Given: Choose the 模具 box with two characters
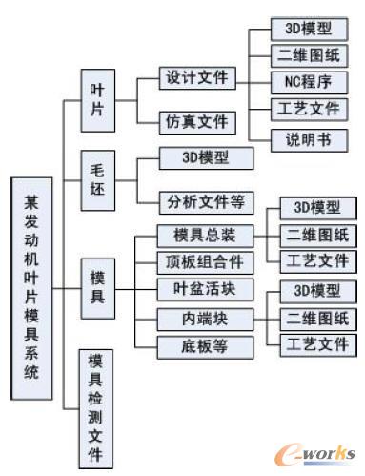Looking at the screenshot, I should click(97, 282).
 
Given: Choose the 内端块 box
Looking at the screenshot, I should click(205, 316).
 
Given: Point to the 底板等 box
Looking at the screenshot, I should click(205, 344).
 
